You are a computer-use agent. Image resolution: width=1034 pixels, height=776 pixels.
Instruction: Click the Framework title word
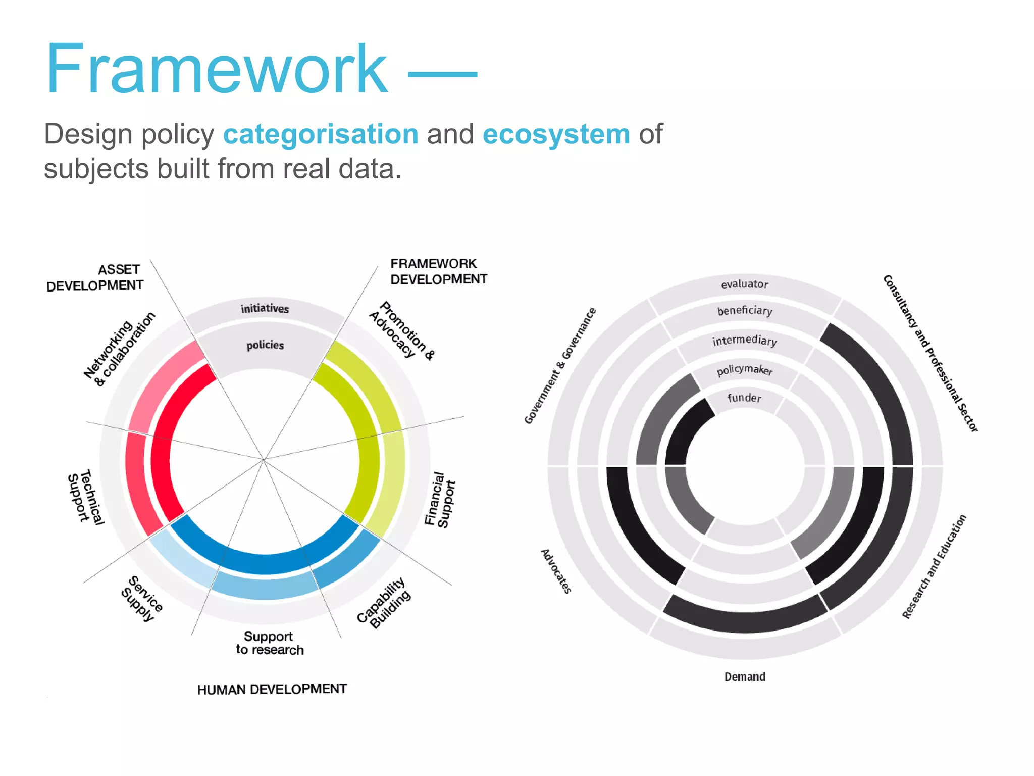click(x=217, y=69)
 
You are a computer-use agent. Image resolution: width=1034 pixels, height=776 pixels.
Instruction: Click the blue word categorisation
click(x=321, y=134)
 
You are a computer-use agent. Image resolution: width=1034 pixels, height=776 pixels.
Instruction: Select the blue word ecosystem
click(x=556, y=134)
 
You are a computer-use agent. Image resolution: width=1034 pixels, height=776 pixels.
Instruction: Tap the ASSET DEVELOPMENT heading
click(x=95, y=277)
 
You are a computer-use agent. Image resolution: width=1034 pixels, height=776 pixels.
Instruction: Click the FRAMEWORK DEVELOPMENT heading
click(x=438, y=271)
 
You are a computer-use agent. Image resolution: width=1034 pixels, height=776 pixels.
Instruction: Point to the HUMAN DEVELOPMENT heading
click(x=272, y=689)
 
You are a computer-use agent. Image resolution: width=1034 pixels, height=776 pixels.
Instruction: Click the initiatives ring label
click(x=265, y=308)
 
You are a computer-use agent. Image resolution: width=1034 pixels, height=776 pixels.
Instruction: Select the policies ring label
click(x=265, y=345)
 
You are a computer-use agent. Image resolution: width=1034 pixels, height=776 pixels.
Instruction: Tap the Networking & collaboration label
click(x=119, y=349)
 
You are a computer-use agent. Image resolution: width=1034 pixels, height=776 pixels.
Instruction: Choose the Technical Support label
click(x=86, y=497)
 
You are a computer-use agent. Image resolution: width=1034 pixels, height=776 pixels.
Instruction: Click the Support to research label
click(x=269, y=643)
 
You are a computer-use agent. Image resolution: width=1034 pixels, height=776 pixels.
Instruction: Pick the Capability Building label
click(x=384, y=602)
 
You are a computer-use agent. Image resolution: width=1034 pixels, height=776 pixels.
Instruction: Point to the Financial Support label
click(x=440, y=500)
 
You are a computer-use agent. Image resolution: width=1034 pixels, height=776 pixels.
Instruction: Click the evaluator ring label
click(x=744, y=284)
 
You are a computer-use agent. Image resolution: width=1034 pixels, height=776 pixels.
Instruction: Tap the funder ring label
click(x=744, y=398)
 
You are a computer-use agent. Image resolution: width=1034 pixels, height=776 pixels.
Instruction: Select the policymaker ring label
click(x=745, y=370)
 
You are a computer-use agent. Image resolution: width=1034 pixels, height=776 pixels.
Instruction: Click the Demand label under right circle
click(x=745, y=676)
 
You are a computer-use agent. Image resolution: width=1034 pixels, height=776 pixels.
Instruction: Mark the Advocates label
click(x=556, y=571)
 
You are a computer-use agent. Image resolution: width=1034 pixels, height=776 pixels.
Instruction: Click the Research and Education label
click(x=934, y=566)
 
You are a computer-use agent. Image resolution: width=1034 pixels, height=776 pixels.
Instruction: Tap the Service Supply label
click(x=142, y=598)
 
